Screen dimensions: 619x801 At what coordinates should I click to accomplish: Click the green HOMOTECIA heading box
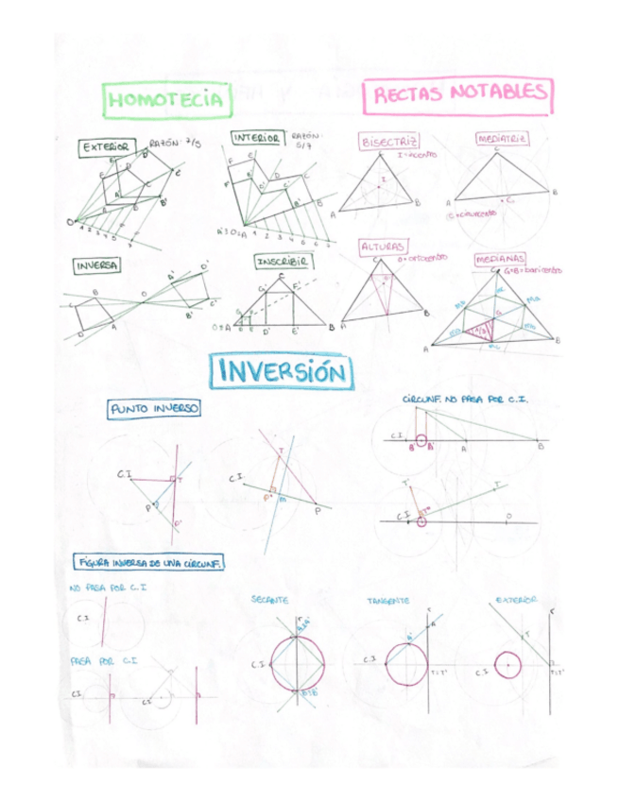(x=165, y=99)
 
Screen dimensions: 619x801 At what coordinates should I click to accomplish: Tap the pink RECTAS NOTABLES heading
(x=458, y=94)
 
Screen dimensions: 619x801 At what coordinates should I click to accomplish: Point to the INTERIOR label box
(x=256, y=138)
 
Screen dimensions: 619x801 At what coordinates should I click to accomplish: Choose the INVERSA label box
(x=97, y=266)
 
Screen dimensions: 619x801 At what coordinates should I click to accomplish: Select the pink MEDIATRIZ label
(x=502, y=139)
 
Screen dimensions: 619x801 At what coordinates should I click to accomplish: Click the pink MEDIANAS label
(x=502, y=258)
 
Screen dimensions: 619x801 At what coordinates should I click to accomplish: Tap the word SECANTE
(x=270, y=601)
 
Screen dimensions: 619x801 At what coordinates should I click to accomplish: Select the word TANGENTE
(x=388, y=601)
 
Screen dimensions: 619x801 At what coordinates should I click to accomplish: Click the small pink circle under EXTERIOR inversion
(x=508, y=664)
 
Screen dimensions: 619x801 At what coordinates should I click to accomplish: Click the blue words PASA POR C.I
(x=104, y=660)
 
